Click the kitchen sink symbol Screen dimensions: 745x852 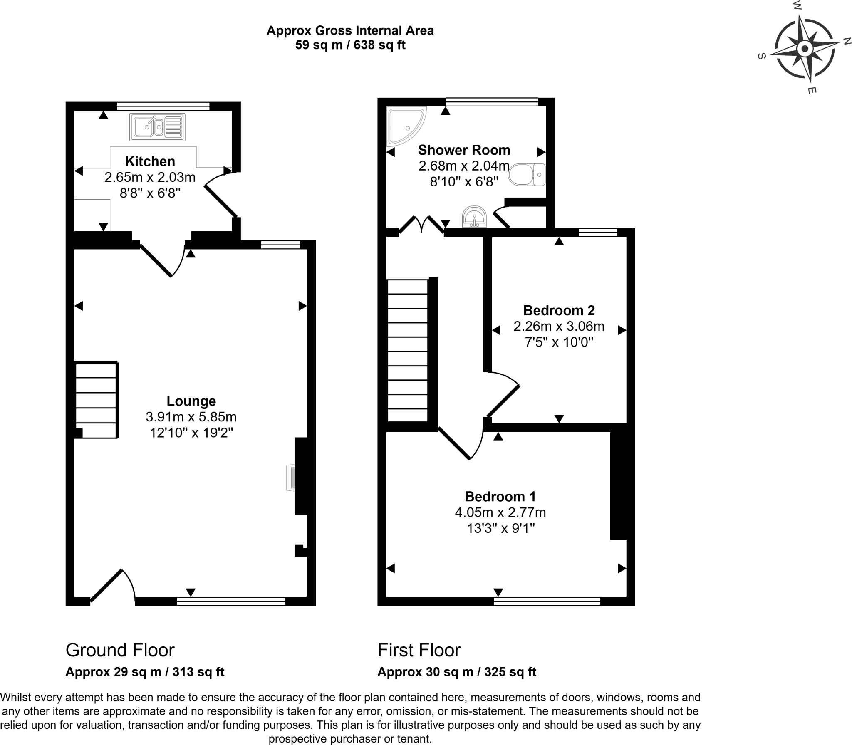pos(157,127)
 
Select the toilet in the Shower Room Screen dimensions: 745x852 pos(526,175)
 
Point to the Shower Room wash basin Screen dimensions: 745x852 pos(474,217)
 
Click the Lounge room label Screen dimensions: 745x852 pos(191,401)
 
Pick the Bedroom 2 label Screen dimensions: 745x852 pos(559,310)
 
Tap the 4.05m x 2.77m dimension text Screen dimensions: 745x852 pos(500,512)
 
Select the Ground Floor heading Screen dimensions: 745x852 pos(120,650)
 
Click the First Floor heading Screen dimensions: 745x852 pos(419,650)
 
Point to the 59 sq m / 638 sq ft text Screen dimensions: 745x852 pos(350,45)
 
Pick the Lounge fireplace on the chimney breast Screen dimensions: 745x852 pos(291,478)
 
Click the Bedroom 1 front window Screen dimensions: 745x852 pos(547,601)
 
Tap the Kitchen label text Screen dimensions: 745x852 pos(150,161)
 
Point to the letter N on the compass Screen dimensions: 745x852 pos(846,41)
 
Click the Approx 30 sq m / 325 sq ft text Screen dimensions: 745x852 pos(456,672)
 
